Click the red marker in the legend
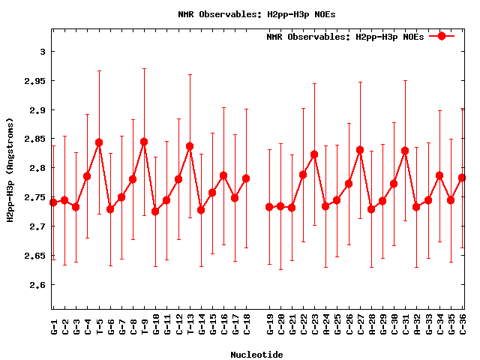point(442,36)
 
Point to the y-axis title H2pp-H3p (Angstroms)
point(10,169)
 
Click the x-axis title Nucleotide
point(256,354)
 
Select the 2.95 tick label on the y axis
point(34,81)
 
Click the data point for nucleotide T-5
point(99,142)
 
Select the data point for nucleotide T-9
point(144,142)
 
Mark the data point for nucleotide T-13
point(190,146)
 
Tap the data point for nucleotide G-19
point(269,207)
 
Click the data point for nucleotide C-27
point(360,150)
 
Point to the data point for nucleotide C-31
point(405,151)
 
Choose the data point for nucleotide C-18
point(246,178)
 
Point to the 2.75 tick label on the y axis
point(34,197)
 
